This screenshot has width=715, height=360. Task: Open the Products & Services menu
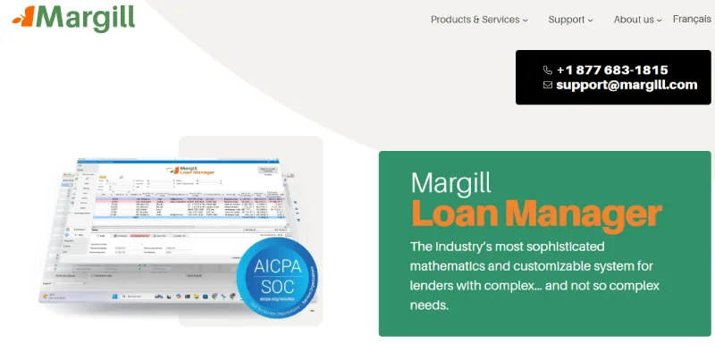pyautogui.click(x=478, y=20)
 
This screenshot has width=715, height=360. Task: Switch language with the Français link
pyautogui.click(x=692, y=20)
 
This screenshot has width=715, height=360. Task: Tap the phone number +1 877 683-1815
pyautogui.click(x=611, y=70)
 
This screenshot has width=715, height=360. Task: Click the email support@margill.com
pyautogui.click(x=626, y=85)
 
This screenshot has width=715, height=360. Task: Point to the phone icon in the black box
pyautogui.click(x=548, y=70)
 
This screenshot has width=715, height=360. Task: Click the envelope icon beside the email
pyautogui.click(x=548, y=85)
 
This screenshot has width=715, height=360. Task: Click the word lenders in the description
pyautogui.click(x=435, y=285)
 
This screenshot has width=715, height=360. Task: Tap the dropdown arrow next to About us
pyautogui.click(x=660, y=21)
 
